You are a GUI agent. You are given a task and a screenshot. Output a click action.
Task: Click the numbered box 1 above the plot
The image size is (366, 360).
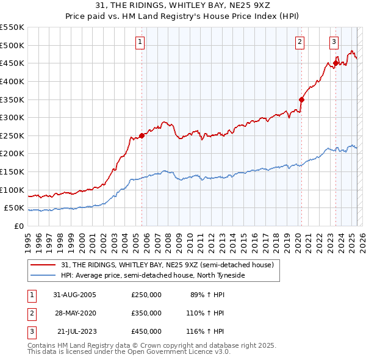click(140, 42)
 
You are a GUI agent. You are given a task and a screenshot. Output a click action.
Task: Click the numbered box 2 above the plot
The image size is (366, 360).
click(300, 42)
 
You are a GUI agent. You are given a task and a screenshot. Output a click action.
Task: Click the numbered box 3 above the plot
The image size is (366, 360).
click(334, 42)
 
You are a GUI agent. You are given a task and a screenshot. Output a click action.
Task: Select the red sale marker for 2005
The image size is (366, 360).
click(142, 135)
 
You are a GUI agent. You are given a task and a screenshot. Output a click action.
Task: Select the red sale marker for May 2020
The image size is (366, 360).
click(301, 99)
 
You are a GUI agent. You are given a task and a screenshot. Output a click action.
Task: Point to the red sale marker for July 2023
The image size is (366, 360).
click(335, 63)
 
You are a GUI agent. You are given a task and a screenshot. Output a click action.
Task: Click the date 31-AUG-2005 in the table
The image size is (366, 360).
click(75, 294)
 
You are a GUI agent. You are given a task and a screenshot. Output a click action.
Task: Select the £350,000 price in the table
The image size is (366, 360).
click(146, 313)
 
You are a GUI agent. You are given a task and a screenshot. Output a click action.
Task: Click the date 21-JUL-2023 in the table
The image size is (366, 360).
click(75, 331)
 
